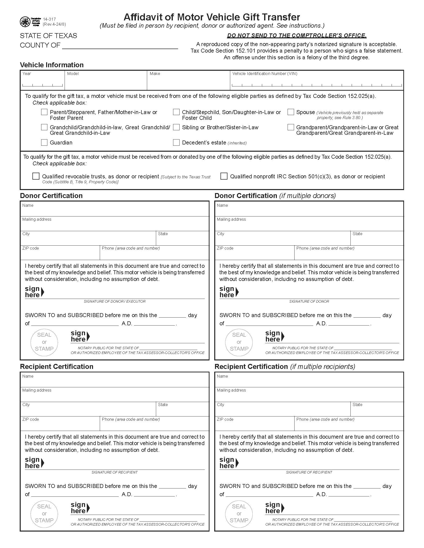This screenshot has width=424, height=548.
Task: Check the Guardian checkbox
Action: click(44, 142)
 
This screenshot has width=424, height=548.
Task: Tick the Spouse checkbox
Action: click(291, 112)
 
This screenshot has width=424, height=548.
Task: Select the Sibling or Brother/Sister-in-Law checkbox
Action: click(176, 127)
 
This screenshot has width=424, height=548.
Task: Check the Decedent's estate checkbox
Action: click(176, 142)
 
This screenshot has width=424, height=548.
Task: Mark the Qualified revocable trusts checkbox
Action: click(36, 176)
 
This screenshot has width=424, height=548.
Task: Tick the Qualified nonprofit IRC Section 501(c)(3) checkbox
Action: click(224, 176)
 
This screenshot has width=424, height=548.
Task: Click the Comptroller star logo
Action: click(25, 22)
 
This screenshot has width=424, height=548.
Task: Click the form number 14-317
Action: click(49, 19)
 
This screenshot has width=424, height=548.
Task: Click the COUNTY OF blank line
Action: click(120, 46)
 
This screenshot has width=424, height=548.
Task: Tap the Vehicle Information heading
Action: click(52, 65)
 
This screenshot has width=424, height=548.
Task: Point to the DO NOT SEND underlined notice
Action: click(297, 36)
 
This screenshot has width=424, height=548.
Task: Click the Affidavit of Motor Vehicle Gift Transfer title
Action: click(212, 17)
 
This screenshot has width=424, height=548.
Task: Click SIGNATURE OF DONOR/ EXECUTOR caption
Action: click(114, 301)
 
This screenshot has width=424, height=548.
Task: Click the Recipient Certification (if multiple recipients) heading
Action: click(285, 367)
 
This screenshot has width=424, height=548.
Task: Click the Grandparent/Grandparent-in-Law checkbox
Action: click(291, 127)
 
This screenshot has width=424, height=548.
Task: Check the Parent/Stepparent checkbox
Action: click(44, 112)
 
